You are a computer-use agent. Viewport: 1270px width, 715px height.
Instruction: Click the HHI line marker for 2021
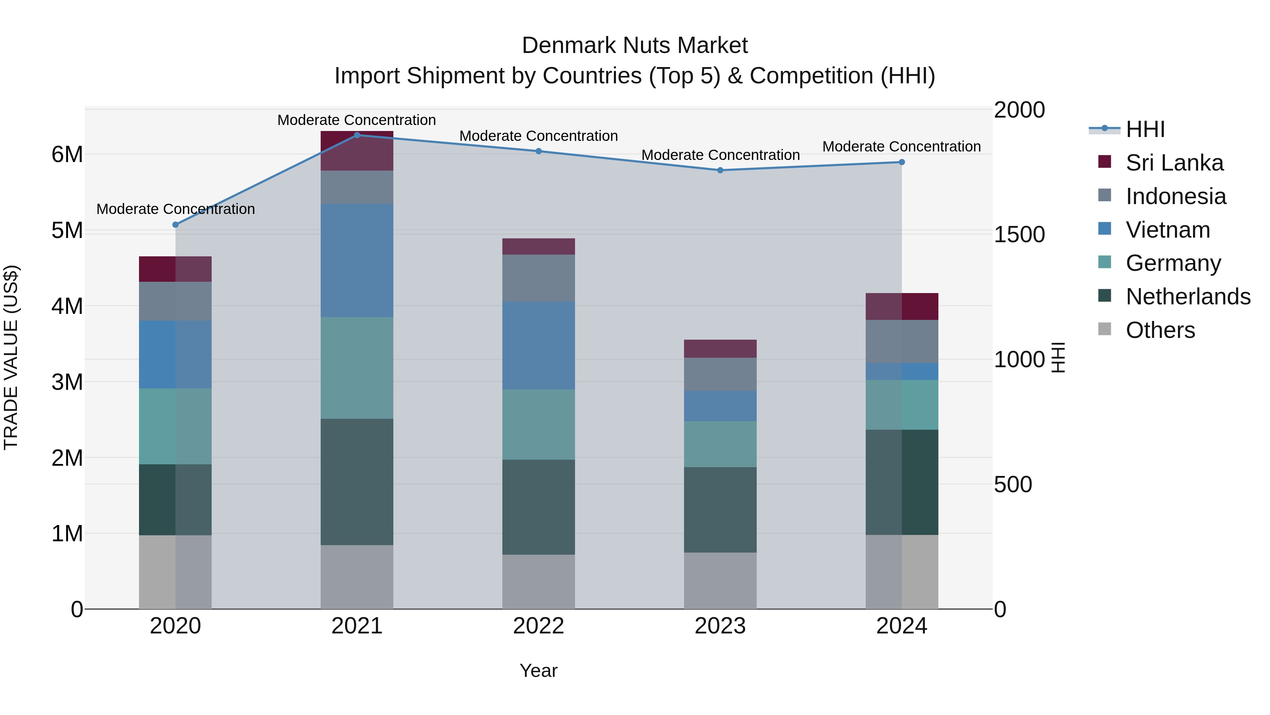pyautogui.click(x=357, y=135)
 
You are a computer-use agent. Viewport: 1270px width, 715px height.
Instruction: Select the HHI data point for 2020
pyautogui.click(x=176, y=225)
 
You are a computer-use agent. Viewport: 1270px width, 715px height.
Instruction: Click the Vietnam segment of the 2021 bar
pyautogui.click(x=357, y=260)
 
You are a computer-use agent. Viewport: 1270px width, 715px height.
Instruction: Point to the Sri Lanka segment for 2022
pyautogui.click(x=538, y=246)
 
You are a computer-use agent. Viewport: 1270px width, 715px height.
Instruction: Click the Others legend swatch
pyautogui.click(x=1105, y=329)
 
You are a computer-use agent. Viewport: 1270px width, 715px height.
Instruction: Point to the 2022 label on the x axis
pyautogui.click(x=538, y=626)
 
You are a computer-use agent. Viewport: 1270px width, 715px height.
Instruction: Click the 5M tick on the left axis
pyautogui.click(x=67, y=231)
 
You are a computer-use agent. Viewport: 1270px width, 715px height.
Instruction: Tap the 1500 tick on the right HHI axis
pyautogui.click(x=1018, y=234)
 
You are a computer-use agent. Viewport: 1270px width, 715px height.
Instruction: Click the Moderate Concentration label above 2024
pyautogui.click(x=901, y=147)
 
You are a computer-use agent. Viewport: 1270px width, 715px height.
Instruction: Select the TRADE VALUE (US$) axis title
pyautogui.click(x=11, y=357)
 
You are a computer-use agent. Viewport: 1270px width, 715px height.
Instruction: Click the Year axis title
pyautogui.click(x=538, y=671)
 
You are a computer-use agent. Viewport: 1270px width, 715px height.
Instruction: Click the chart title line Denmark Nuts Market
pyautogui.click(x=635, y=46)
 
